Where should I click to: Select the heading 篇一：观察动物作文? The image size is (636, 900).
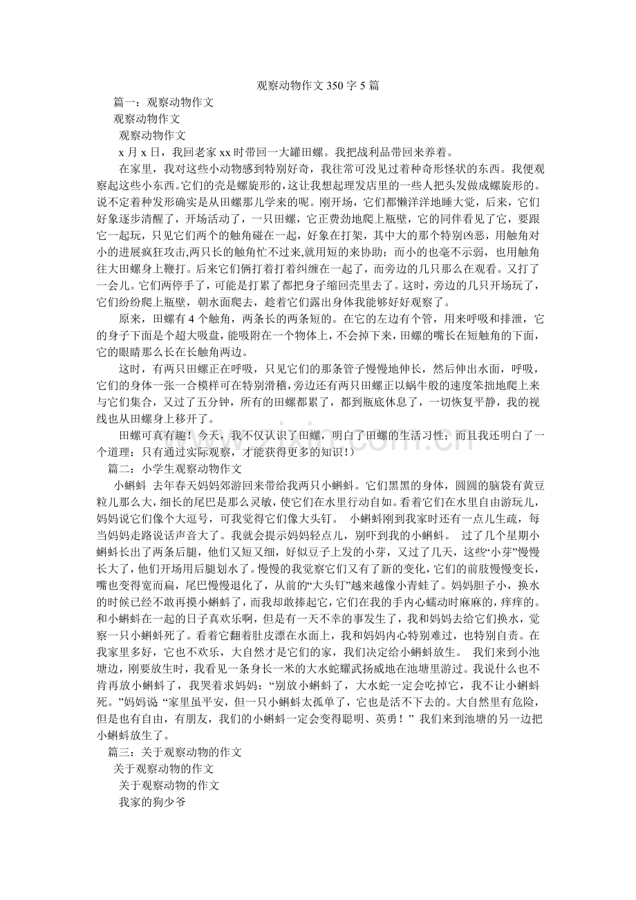click(164, 102)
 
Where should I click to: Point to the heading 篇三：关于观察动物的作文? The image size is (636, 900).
click(174, 751)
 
